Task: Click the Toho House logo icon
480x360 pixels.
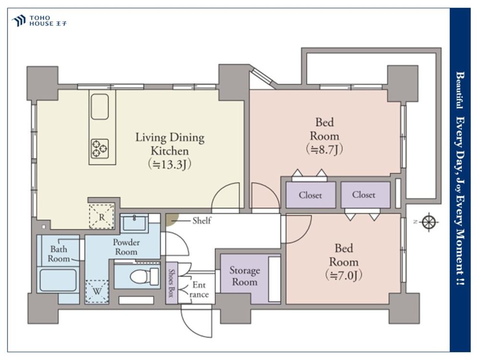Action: click(x=18, y=21)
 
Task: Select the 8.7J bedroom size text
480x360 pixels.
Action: click(x=324, y=149)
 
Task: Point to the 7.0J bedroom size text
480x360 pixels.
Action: click(x=344, y=276)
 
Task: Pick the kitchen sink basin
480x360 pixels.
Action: click(x=100, y=107)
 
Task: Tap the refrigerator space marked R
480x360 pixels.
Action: click(x=102, y=216)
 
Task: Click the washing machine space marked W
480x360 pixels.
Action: click(x=97, y=291)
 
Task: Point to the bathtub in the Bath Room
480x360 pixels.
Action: click(x=58, y=280)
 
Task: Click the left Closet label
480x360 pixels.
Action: click(x=311, y=195)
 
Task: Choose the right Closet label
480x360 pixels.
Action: click(x=364, y=195)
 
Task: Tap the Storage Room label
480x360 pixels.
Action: click(x=245, y=276)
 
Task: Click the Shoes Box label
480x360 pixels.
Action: click(x=171, y=283)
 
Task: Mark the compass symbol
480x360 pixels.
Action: click(x=430, y=222)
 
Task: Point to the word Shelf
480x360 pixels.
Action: click(x=202, y=220)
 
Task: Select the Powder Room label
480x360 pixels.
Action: click(x=126, y=247)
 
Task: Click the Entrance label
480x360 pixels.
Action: click(x=199, y=290)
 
